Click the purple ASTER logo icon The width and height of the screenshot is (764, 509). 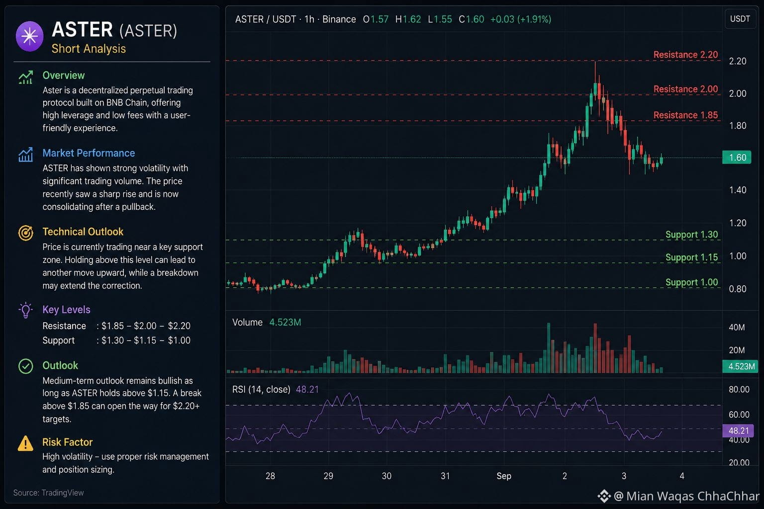pyautogui.click(x=30, y=36)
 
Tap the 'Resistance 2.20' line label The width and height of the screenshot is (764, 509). pyautogui.click(x=685, y=55)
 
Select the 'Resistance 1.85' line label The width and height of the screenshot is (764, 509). pyautogui.click(x=685, y=115)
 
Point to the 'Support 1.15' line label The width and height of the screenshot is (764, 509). pyautogui.click(x=692, y=257)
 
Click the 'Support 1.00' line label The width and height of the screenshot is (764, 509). pyautogui.click(x=692, y=282)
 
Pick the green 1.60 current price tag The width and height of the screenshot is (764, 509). pyautogui.click(x=737, y=158)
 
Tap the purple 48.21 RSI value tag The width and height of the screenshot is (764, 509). pyautogui.click(x=738, y=430)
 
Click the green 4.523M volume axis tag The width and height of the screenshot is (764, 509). pyautogui.click(x=740, y=366)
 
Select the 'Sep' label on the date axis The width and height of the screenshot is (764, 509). pyautogui.click(x=504, y=476)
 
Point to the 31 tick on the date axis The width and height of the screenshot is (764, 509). pyautogui.click(x=445, y=476)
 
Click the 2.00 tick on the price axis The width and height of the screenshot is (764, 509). pyautogui.click(x=738, y=93)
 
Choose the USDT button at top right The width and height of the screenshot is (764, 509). pyautogui.click(x=740, y=19)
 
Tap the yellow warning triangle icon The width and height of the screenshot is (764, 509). pyautogui.click(x=25, y=443)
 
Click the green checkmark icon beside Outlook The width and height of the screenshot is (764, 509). pyautogui.click(x=25, y=366)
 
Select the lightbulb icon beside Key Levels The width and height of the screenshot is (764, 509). pyautogui.click(x=25, y=310)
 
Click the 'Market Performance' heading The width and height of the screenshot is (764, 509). pyautogui.click(x=89, y=153)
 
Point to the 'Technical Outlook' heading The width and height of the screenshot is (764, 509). pyautogui.click(x=83, y=232)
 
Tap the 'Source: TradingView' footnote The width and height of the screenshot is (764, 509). pyautogui.click(x=48, y=493)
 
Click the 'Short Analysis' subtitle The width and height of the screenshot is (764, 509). pyautogui.click(x=89, y=49)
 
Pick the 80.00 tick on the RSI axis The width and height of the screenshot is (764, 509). pyautogui.click(x=739, y=389)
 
